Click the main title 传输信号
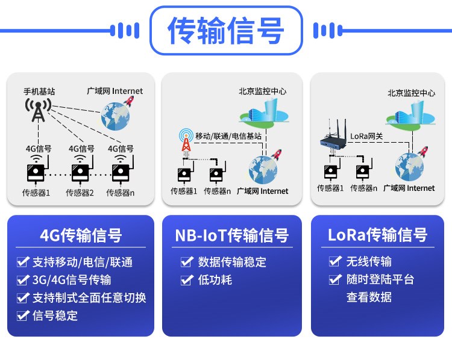coord(226,31)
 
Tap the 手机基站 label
coord(39,92)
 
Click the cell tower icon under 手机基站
coord(39,110)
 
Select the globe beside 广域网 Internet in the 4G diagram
coord(115,116)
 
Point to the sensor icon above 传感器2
coord(81,170)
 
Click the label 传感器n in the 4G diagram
coord(120,193)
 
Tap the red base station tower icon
coord(186,140)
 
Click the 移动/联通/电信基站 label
coord(228,136)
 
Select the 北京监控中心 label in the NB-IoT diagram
coord(263,92)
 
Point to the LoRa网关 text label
coord(366,136)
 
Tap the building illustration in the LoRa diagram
coord(411,114)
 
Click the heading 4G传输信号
coord(81,235)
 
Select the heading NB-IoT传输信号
coord(232,235)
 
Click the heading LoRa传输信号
coord(378,235)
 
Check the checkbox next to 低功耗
coord(187,280)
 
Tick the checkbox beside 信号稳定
coord(23,315)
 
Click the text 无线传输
coord(369,261)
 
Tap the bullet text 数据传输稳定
coord(232,262)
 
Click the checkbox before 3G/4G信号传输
coord(23,280)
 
